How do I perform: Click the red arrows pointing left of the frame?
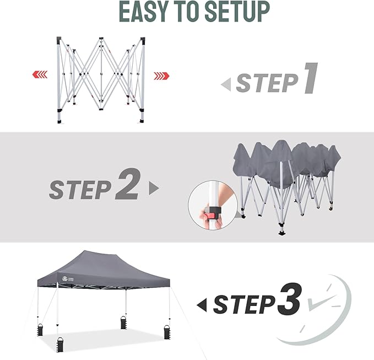point(39,74)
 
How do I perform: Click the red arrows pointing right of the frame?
point(161,75)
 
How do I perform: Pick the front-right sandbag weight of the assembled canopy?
point(166,333)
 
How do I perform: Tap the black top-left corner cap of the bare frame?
point(59,41)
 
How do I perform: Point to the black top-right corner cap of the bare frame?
point(143,41)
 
